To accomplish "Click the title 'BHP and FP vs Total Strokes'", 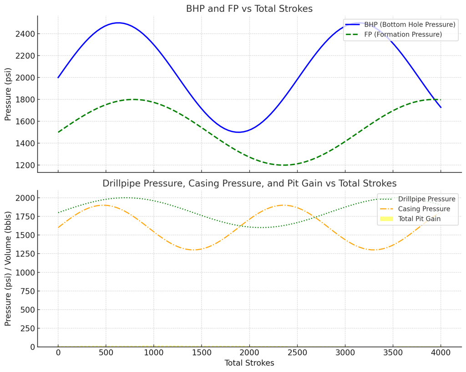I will [249, 9].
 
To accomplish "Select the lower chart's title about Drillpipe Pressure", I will [249, 183].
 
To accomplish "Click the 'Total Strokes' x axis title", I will [249, 363].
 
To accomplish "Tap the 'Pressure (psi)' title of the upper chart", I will [8, 95].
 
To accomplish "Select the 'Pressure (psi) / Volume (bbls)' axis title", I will [8, 269].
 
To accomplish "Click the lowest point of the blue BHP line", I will [238, 132].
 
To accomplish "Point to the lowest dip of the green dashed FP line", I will [285, 165].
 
